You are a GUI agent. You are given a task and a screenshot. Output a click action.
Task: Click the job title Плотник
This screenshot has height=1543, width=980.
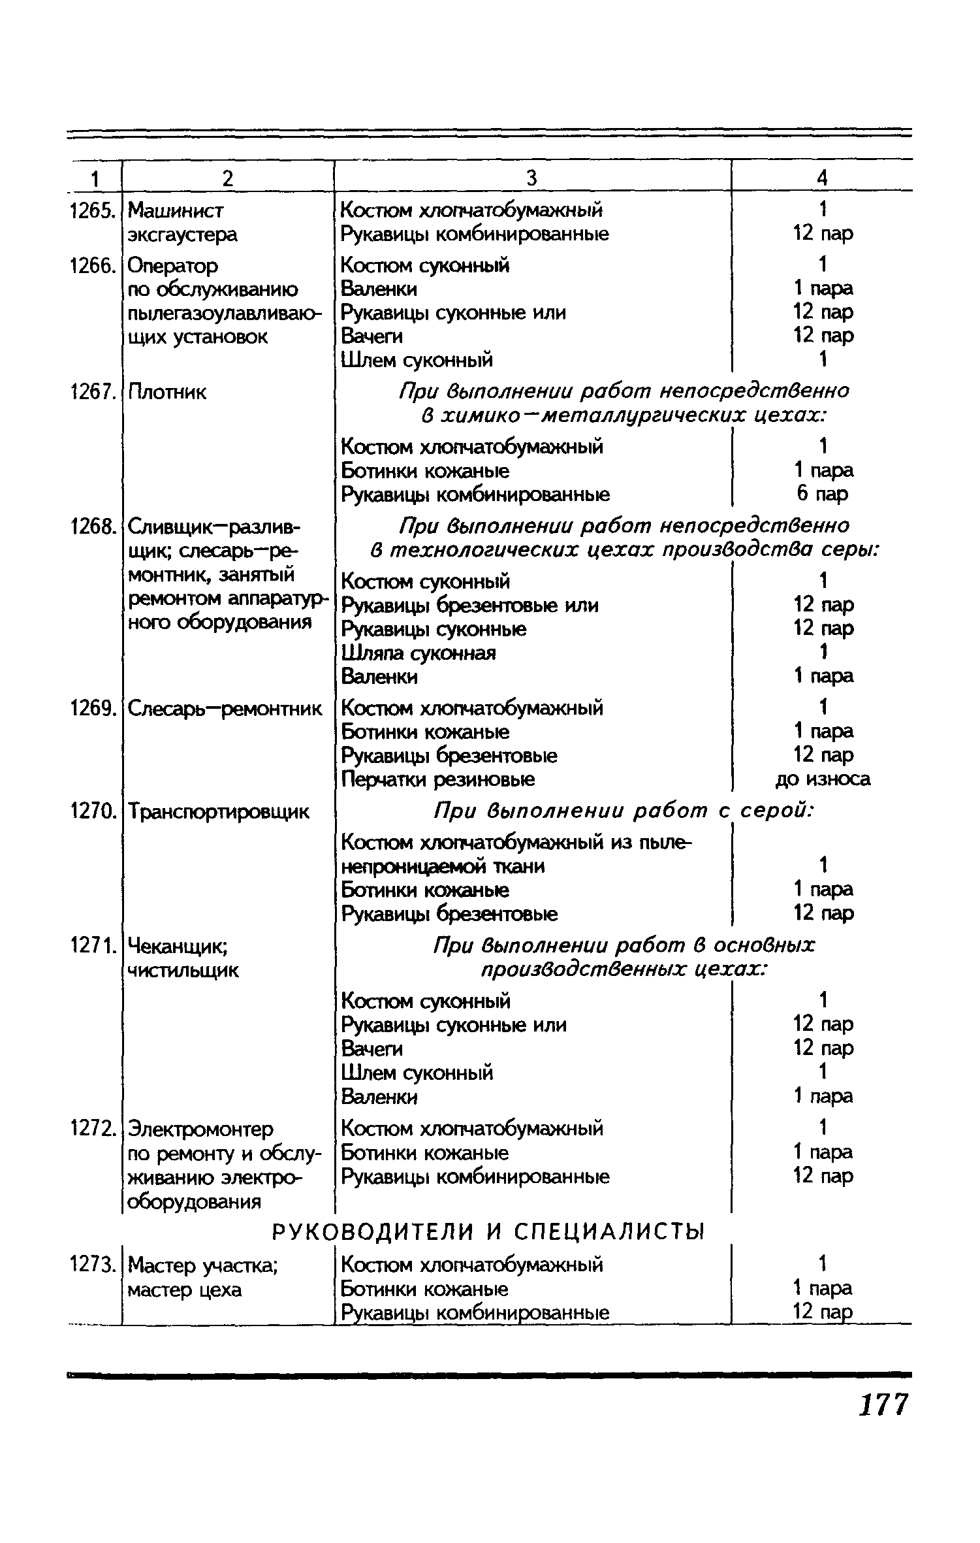coord(167,392)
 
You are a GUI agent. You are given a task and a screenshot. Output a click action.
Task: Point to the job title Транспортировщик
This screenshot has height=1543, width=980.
coord(219,812)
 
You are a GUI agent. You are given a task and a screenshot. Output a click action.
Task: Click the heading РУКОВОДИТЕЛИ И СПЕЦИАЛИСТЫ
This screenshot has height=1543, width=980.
coord(488,1232)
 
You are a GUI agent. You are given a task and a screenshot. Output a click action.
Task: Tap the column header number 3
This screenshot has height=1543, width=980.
coord(531,178)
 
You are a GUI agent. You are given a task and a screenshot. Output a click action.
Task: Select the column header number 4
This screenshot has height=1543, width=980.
coord(822,178)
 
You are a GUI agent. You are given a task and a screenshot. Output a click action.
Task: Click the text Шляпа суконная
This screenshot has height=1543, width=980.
coord(419,653)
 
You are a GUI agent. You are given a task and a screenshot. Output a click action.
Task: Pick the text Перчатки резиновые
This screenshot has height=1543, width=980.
coord(438,779)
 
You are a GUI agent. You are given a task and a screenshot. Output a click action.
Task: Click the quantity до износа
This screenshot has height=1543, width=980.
coord(823,779)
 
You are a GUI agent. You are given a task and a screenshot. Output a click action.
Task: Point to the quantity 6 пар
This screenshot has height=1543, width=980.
coord(823,494)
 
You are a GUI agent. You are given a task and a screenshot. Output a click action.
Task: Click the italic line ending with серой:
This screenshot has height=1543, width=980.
coord(624,811)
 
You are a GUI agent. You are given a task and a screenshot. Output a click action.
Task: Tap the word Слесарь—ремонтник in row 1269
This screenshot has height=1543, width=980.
coord(225,708)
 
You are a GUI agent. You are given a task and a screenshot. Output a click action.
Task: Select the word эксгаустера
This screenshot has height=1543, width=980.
coord(183,234)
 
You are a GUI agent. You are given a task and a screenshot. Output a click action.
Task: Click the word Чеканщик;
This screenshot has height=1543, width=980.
coord(178,945)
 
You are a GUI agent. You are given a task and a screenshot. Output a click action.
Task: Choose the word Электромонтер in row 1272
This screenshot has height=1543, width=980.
coord(201,1129)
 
